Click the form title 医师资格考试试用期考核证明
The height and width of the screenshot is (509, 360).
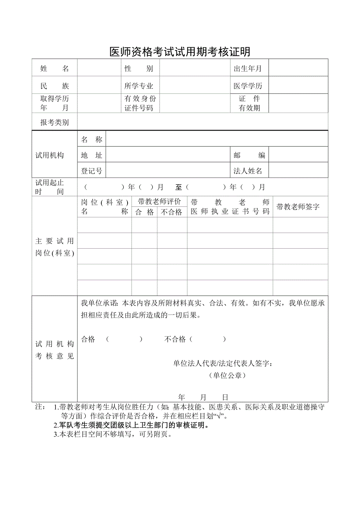click(180, 52)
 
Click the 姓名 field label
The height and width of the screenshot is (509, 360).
click(54, 69)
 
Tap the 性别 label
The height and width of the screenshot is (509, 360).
click(139, 69)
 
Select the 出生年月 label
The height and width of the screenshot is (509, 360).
click(248, 69)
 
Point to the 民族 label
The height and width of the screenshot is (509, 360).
click(54, 86)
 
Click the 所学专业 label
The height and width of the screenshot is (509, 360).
click(139, 86)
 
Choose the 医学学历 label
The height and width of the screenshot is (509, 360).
click(248, 86)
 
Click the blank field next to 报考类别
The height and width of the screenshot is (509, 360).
click(202, 122)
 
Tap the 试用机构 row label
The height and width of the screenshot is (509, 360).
click(50, 155)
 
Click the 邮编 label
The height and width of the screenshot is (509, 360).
click(249, 155)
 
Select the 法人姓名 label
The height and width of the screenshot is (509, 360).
click(248, 171)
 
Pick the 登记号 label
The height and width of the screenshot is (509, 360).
click(92, 171)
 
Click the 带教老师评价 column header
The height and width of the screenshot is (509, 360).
click(159, 202)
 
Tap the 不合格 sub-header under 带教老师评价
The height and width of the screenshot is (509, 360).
click(172, 212)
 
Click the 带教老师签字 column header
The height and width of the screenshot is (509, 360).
click(298, 207)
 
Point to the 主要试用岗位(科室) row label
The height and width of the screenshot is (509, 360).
click(54, 247)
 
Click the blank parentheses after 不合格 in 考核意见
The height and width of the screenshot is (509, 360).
click(208, 339)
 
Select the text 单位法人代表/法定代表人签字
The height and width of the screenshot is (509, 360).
click(223, 364)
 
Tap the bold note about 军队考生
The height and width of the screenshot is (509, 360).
click(131, 425)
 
